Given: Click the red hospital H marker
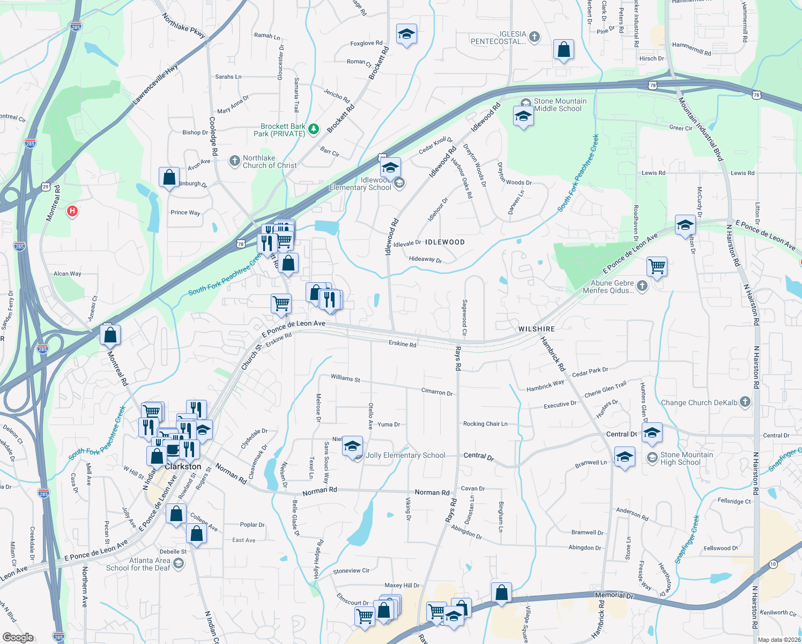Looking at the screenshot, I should [x=72, y=211].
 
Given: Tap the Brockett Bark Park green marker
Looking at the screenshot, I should [x=314, y=129].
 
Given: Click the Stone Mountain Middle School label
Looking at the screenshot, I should [x=560, y=105].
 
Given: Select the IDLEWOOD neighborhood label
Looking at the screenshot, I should [x=444, y=242].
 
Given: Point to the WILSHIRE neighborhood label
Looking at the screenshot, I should [x=536, y=329].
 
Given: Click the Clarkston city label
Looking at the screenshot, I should [x=183, y=466].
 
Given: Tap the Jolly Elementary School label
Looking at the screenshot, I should [x=405, y=456].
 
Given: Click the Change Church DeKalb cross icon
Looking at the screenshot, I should [x=745, y=402].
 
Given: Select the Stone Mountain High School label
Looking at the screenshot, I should [x=687, y=458].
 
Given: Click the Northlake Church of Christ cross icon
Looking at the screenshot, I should [x=234, y=160].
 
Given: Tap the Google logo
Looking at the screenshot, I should [x=18, y=637].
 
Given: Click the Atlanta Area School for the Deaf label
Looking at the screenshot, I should [x=138, y=564].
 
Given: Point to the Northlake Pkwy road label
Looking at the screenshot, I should [x=184, y=26].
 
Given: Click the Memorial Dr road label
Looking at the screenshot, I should [x=614, y=595].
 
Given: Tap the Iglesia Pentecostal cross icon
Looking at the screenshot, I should [x=534, y=37].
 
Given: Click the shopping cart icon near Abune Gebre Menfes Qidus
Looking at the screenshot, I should [x=657, y=266].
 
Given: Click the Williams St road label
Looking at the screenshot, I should [x=345, y=378].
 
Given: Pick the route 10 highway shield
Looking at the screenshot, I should [x=773, y=564].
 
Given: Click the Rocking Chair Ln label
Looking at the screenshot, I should [x=485, y=424].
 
